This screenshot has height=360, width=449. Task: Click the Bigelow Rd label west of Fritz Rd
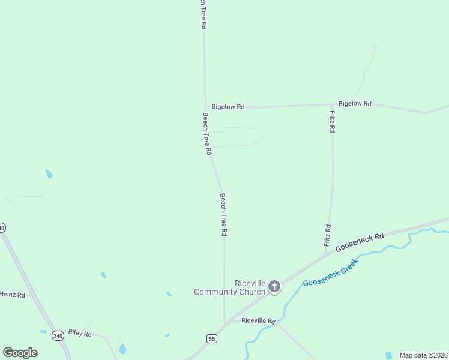pos(228,107)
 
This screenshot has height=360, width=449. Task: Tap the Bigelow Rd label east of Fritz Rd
pos(355,104)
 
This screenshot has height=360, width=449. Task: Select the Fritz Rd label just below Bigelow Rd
pos(332,121)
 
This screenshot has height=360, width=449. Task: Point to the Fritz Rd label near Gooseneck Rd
pos(328,236)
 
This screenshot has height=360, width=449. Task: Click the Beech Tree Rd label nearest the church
pos(223,214)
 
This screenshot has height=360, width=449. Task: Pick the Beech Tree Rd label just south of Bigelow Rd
pos(207,134)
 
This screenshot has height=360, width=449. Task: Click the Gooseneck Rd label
pos(360,242)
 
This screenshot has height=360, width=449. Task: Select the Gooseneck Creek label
pos(330,272)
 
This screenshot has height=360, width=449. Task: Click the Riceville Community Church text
pos(230,287)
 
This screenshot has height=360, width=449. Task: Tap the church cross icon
pos(274,287)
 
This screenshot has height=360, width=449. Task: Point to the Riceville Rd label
pos(258,320)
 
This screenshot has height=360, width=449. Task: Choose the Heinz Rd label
pos(13,295)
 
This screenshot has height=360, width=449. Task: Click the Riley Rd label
pos(80,333)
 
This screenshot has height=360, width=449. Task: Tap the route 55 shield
pos(211,339)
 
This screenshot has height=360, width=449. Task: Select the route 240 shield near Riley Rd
pos(58,335)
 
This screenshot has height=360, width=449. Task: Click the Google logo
pos(20,353)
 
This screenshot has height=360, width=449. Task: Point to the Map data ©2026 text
pos(423,355)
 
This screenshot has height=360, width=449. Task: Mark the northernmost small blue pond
pos(49,174)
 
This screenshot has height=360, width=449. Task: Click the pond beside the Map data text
pos(388,356)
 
